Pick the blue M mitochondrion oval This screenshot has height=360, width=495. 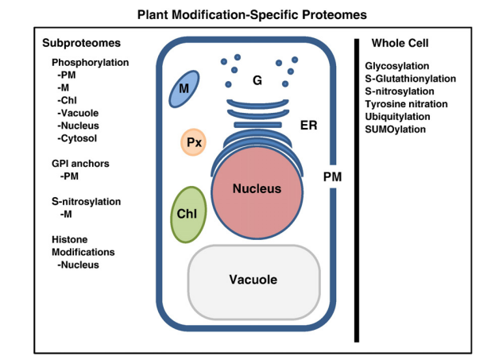pyautogui.click(x=184, y=89)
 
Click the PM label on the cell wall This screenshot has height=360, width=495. pyautogui.click(x=333, y=176)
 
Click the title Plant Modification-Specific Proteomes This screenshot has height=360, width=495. pyautogui.click(x=247, y=14)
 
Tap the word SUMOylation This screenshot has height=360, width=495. pyautogui.click(x=396, y=129)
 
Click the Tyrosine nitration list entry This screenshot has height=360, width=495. pyautogui.click(x=406, y=103)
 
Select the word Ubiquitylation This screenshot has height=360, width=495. pyautogui.click(x=400, y=116)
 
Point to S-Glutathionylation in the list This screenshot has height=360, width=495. pyautogui.click(x=410, y=78)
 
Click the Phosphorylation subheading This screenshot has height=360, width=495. pyautogui.click(x=90, y=62)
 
